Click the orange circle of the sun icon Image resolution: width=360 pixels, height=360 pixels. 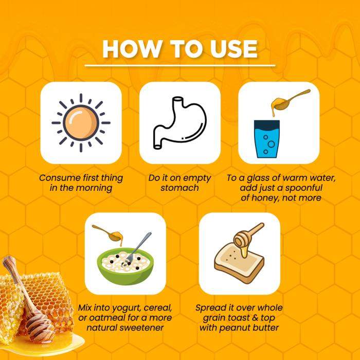tap(81, 122)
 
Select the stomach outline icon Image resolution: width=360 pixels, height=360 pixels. tap(180, 123)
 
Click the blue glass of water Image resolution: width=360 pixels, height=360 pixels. tap(266, 139)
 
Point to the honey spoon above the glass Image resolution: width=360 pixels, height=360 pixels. tap(289, 101)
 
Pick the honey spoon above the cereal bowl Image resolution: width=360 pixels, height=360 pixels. tap(108, 233)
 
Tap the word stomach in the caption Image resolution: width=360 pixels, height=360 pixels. tap(179, 188)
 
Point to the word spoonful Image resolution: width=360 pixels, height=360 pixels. tap(304, 188)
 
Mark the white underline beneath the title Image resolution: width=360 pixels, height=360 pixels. tap(180, 66)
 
